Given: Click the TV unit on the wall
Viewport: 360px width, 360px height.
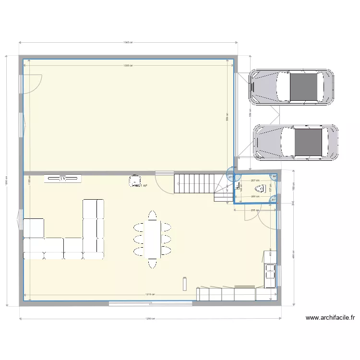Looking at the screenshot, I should point(63,179).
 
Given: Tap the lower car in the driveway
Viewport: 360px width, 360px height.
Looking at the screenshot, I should point(295,143).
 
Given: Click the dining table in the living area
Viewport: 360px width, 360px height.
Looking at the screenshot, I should point(153,239).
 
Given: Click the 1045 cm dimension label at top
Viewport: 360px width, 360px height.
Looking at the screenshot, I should point(128,42).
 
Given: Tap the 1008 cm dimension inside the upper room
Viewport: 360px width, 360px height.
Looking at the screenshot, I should point(128,65).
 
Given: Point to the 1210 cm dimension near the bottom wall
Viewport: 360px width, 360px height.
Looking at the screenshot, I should point(150,294).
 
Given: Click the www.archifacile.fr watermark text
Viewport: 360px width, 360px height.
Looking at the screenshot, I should point(330,317).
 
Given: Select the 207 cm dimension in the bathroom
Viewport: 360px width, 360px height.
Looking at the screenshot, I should point(255,180).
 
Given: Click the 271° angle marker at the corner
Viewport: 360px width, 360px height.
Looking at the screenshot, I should point(230,177).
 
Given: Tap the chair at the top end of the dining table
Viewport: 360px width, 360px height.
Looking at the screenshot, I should point(153,215).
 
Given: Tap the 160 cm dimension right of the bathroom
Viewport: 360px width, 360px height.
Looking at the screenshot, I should point(293,188).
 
